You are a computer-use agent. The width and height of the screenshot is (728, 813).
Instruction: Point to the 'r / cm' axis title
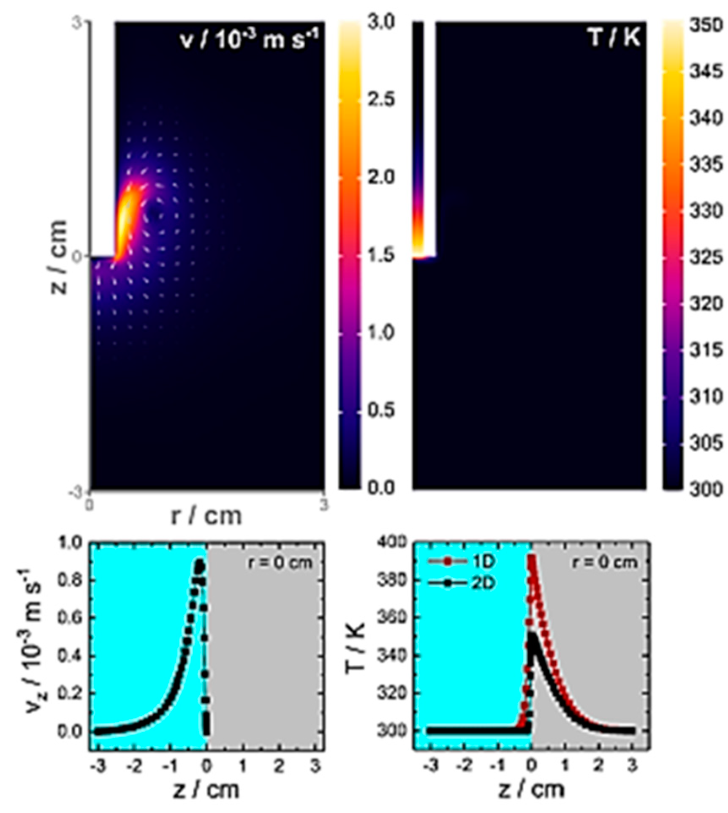click(x=206, y=516)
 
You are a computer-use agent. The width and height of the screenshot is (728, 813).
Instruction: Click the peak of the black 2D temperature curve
click(x=532, y=635)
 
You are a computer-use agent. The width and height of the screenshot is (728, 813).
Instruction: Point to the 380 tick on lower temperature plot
click(x=392, y=580)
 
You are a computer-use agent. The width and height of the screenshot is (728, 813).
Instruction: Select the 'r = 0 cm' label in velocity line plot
click(x=280, y=563)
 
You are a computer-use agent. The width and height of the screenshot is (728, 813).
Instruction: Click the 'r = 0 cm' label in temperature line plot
click(x=605, y=563)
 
